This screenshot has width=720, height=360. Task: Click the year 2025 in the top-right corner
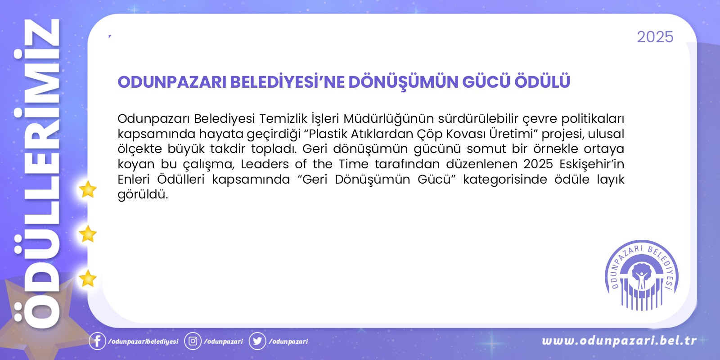point(655,37)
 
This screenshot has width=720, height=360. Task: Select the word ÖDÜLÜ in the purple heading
point(542,81)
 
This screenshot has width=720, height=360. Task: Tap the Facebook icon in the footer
point(97,341)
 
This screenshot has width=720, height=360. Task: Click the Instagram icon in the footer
point(193,341)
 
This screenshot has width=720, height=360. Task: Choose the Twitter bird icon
point(257,341)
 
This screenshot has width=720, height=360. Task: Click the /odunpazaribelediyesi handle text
point(143,342)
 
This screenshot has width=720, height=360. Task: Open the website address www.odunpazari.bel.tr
point(619,341)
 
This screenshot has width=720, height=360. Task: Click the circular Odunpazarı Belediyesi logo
point(642,275)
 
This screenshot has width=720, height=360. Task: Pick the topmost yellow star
point(88,189)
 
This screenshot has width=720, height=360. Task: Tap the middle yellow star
point(88,234)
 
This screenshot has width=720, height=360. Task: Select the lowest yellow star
point(88,279)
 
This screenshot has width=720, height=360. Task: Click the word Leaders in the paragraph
point(265,164)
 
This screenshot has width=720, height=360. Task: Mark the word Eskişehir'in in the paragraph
point(592,164)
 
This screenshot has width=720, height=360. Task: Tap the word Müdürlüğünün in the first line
point(388,119)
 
